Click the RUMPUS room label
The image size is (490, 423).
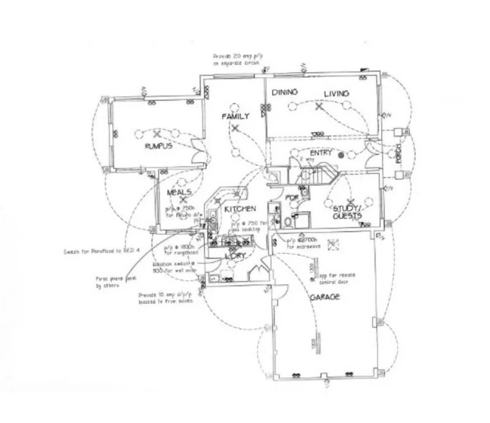(158, 147)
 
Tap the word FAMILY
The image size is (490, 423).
(235, 116)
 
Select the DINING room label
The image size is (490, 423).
(285, 92)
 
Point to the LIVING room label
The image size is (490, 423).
(336, 93)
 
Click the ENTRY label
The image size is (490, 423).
(320, 153)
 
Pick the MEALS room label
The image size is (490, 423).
(179, 192)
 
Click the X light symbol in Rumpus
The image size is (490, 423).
(157, 133)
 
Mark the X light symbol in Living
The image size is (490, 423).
(318, 107)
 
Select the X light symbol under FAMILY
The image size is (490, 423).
(236, 127)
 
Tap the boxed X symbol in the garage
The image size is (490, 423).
(334, 245)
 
